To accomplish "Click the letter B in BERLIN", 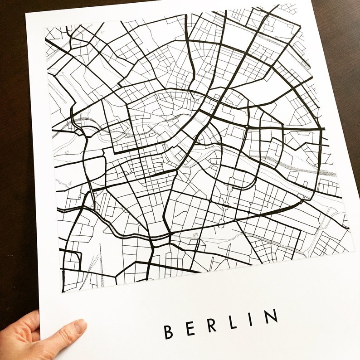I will pos(169,332).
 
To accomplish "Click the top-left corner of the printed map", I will pos(45,27).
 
